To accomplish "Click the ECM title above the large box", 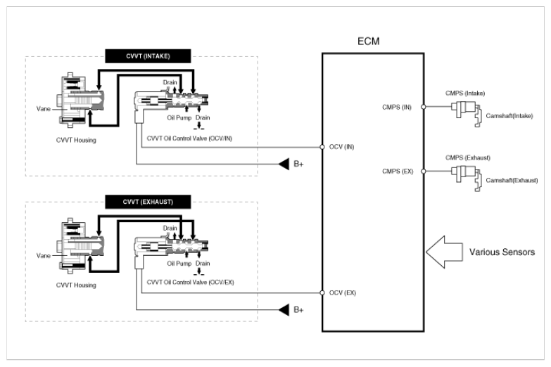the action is point(368,41).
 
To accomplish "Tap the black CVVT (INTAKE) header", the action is point(148,56).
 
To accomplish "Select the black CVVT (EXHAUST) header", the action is point(148,202).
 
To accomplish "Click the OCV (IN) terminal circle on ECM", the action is point(322,147).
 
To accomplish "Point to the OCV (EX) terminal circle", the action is point(322,292).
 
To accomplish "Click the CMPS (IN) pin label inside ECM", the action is point(397,107).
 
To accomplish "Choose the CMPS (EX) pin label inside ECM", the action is point(398,172).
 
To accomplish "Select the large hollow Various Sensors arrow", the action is point(444,252).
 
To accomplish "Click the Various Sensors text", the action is point(502,252).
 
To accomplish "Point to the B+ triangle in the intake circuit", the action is point(284,164).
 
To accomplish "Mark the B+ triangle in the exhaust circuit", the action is point(284,310).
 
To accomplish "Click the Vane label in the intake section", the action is point(43,109).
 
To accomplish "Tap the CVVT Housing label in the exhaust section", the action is point(76,285).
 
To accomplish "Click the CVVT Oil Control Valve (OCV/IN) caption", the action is point(189,139).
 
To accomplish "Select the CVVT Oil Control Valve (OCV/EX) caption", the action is point(190,283).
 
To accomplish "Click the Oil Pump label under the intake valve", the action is point(179,117).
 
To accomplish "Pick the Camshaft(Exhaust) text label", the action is point(512,181).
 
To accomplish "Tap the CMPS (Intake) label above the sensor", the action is point(465,93).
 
